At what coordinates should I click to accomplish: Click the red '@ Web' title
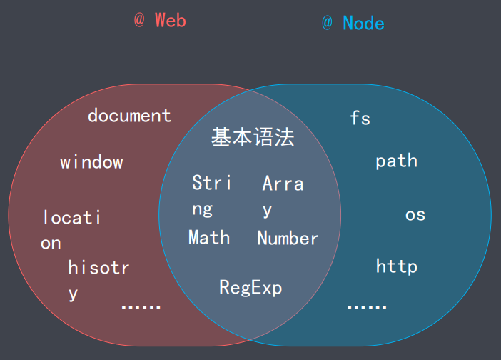pos(160,21)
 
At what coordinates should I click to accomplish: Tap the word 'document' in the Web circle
pos(129,116)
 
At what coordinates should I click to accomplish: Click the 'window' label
pos(91,162)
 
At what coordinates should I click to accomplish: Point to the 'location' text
pos(71,229)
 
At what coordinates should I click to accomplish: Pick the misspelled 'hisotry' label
pos(98,279)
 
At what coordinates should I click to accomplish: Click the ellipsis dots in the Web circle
pos(141,306)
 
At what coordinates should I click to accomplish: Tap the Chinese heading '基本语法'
pos(253,138)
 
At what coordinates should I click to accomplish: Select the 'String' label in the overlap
pos(211,195)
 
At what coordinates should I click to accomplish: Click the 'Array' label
pos(283,195)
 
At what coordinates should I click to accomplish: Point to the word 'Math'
pos(209,237)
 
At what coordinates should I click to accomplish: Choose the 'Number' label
pos(288,239)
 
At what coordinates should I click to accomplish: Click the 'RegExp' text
pos(250,288)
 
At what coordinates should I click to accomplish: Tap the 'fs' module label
pos(360,118)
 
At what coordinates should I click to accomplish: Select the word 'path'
pos(396,161)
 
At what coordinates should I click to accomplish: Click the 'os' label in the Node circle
pos(415,214)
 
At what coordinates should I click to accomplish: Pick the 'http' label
pos(396,266)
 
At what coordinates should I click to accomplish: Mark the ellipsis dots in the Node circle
pos(366,306)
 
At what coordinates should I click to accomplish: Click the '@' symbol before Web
pos(139,21)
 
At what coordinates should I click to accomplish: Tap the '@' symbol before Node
pos(327,23)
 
